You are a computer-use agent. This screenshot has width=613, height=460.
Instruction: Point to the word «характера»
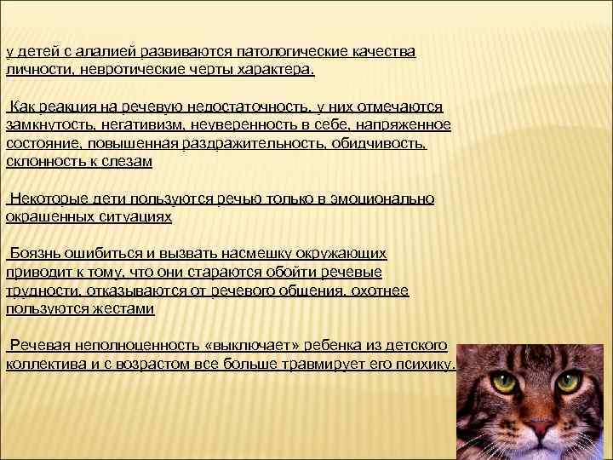coord(272,69)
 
